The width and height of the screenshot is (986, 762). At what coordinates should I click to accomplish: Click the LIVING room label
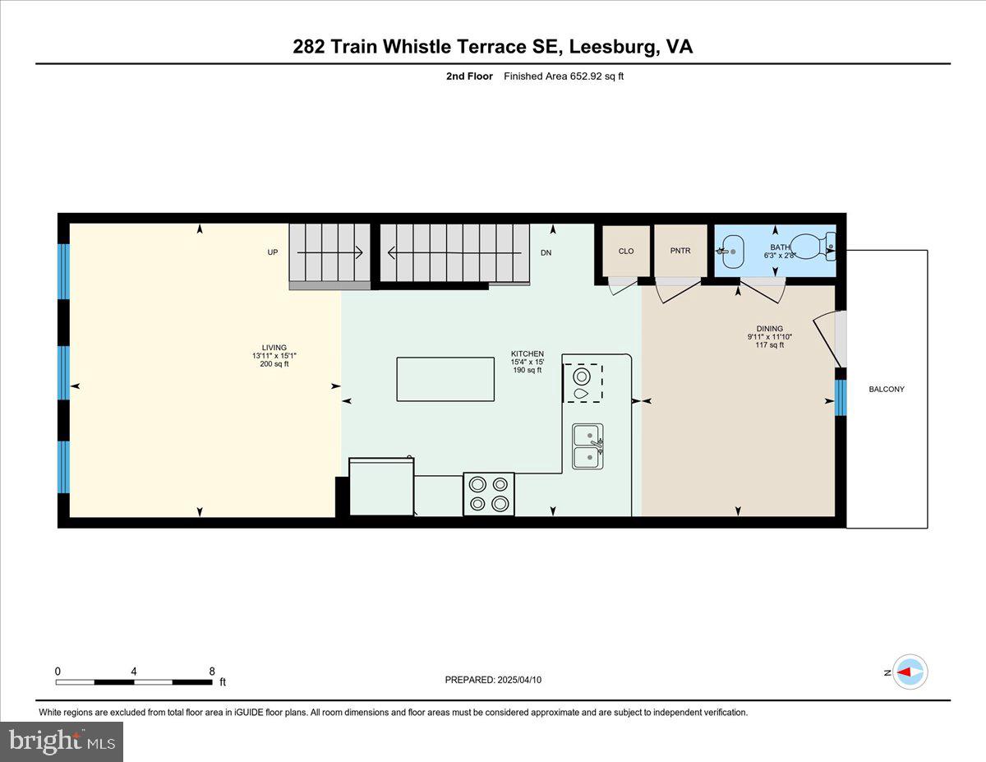coord(274,348)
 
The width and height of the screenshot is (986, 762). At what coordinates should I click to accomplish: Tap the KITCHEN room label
coord(527,354)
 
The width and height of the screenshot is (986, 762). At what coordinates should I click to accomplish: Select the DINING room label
coord(770,329)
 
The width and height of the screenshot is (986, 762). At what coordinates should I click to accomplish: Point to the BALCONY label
coord(887,389)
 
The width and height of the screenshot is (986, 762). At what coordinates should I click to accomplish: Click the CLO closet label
coord(626,252)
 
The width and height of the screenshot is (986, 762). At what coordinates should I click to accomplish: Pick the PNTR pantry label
coord(680,252)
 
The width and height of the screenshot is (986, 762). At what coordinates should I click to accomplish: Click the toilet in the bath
coord(813,245)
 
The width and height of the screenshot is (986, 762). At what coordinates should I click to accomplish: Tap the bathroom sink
coord(730,251)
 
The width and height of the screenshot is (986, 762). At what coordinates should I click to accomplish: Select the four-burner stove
coord(489,494)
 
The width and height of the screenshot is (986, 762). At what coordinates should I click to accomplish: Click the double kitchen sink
coord(588,446)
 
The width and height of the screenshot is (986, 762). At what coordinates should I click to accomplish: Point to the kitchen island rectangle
coord(445,378)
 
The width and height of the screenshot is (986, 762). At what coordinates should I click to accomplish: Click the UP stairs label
coord(273,252)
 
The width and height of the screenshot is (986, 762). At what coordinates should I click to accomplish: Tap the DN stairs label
coord(546,252)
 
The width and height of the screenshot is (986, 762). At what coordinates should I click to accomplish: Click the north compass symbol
coord(909,672)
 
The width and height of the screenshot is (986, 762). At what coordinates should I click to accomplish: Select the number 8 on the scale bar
coord(212,671)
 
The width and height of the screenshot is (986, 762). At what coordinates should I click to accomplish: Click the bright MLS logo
coord(62,741)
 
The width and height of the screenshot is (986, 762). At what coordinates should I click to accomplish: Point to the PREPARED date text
coord(493,680)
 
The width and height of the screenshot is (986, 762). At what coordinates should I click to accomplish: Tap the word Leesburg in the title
coord(611,47)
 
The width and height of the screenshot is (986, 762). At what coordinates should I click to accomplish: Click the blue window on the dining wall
coord(840,398)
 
